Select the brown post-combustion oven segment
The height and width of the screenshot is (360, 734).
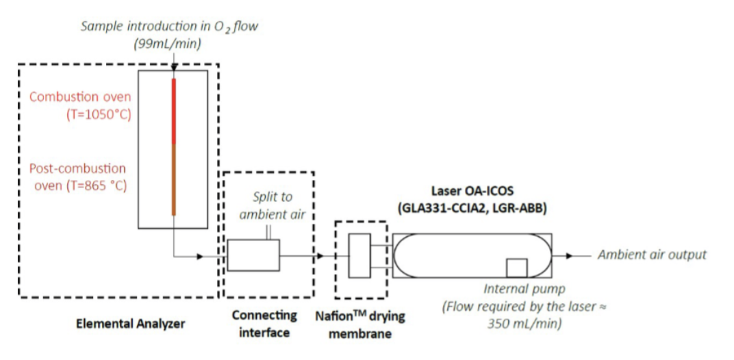pyautogui.click(x=174, y=179)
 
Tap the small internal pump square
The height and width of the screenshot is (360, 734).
pyautogui.click(x=516, y=268)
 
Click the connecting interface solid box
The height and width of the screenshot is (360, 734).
pyautogui.click(x=253, y=255)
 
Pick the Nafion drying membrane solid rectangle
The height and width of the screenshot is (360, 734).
pyautogui.click(x=359, y=255)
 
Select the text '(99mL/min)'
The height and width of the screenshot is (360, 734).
pyautogui.click(x=168, y=42)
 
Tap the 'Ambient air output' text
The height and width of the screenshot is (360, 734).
pyautogui.click(x=652, y=255)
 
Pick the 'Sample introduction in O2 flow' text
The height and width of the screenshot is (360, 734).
pyautogui.click(x=168, y=27)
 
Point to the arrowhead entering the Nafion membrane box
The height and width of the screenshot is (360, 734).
pyautogui.click(x=320, y=256)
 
